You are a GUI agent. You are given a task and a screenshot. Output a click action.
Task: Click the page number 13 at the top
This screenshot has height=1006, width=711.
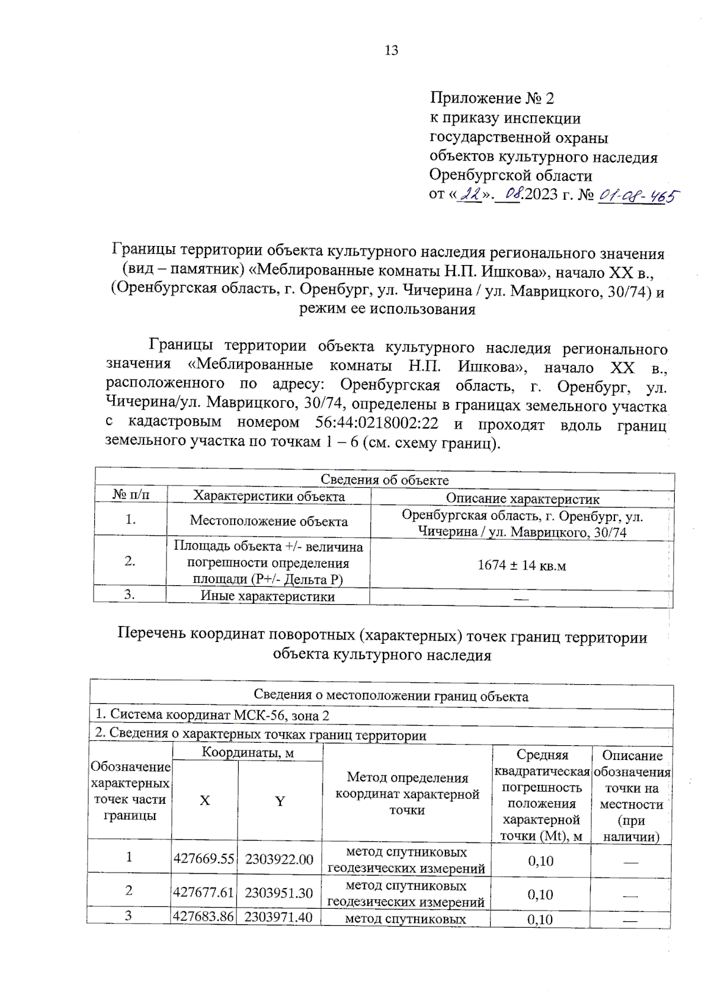pos(391,50)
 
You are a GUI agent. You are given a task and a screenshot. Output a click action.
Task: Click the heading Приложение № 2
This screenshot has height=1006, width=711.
pos(492,98)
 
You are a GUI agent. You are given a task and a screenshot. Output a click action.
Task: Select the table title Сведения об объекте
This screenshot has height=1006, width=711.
pos(385,480)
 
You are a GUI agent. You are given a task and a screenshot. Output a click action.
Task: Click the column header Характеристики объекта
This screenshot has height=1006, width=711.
pos(269,496)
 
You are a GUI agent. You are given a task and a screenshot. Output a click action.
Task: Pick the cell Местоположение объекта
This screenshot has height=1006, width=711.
pos(268,521)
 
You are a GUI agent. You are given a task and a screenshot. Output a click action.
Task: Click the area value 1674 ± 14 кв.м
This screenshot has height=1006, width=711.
pos(521,566)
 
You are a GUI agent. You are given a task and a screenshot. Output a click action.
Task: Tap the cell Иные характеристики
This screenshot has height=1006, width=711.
pos(268,596)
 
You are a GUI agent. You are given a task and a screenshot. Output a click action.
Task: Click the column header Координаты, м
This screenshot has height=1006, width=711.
pos(248,752)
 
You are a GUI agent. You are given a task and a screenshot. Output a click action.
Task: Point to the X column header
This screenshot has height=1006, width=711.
pos(204,800)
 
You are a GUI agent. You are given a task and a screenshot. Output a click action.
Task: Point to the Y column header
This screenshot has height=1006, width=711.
pos(280,801)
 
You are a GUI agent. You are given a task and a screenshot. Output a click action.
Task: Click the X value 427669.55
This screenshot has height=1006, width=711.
pos(204,859)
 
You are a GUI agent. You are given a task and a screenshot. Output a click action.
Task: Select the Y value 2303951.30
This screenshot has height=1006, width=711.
pos(278,893)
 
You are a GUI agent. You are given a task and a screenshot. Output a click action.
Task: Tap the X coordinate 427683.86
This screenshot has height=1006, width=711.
pos(203,916)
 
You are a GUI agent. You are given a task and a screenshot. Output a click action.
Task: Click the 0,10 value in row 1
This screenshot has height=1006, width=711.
pos(540,861)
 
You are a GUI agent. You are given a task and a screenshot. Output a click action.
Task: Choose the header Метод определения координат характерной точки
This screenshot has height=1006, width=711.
pos(407,793)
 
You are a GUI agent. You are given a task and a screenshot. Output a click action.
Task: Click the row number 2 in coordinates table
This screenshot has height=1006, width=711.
pos(129,890)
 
